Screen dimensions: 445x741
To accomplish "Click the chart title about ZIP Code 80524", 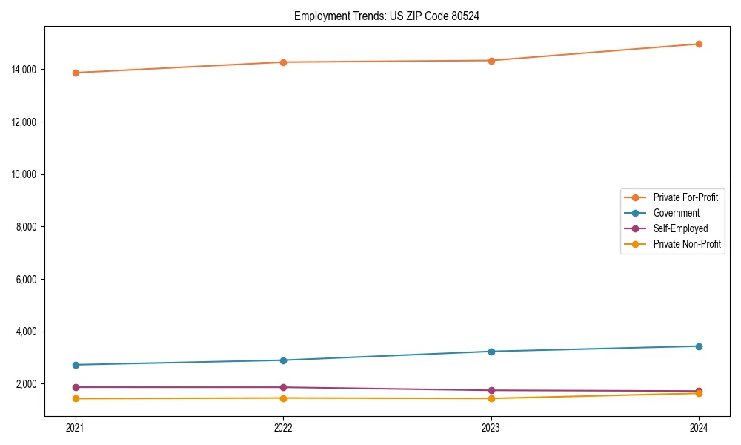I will click(x=386, y=16).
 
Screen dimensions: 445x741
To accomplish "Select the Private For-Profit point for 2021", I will click(x=76, y=73).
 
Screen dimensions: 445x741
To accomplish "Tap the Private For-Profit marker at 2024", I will click(x=699, y=44).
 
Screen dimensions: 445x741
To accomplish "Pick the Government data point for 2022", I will click(x=283, y=360).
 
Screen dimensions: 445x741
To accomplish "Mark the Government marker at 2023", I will click(x=491, y=352).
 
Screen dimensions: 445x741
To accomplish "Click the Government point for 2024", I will click(x=699, y=346).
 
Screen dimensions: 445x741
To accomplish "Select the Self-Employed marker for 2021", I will click(x=76, y=387).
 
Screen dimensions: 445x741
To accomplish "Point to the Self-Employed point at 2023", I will click(x=491, y=390).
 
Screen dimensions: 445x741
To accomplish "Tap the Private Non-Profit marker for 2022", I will click(x=283, y=398).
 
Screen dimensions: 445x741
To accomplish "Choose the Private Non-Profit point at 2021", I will click(x=76, y=399).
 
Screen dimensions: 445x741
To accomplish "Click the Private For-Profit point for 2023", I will click(x=491, y=61).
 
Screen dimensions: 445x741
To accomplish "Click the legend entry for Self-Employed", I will click(x=680, y=228).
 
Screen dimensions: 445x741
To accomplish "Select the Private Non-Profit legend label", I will click(x=687, y=244).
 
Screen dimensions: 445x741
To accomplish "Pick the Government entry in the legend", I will click(x=676, y=213).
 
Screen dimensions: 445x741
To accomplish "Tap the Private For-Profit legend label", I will click(x=685, y=197).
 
